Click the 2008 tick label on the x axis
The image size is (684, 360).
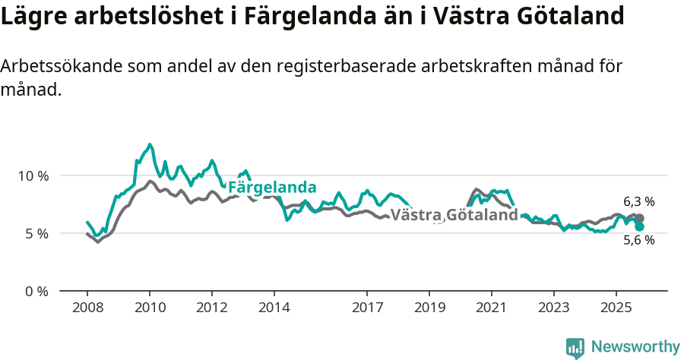pyautogui.click(x=87, y=308)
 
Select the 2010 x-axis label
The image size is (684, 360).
pyautogui.click(x=149, y=308)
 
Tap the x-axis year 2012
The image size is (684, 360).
pyautogui.click(x=211, y=308)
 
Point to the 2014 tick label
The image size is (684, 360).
pyautogui.click(x=274, y=308)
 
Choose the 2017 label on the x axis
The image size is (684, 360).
pyautogui.click(x=367, y=308)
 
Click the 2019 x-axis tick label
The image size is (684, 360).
pyautogui.click(x=429, y=308)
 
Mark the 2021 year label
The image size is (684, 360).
pyautogui.click(x=492, y=308)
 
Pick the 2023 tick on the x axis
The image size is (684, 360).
pyautogui.click(x=553, y=308)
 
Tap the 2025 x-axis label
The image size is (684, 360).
pyautogui.click(x=616, y=308)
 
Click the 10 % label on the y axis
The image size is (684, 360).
pyautogui.click(x=33, y=175)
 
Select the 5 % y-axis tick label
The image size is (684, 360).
pyautogui.click(x=36, y=233)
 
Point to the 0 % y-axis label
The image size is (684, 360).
pyautogui.click(x=36, y=291)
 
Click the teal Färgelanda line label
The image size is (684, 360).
pyautogui.click(x=272, y=188)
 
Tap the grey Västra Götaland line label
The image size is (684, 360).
pyautogui.click(x=454, y=216)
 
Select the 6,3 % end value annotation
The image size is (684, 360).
pyautogui.click(x=639, y=202)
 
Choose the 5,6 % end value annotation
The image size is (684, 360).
pyautogui.click(x=639, y=240)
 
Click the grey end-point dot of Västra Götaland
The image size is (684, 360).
pyautogui.click(x=640, y=219)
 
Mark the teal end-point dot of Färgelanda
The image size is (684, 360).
pyautogui.click(x=640, y=226)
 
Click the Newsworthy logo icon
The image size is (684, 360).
pyautogui.click(x=575, y=348)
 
